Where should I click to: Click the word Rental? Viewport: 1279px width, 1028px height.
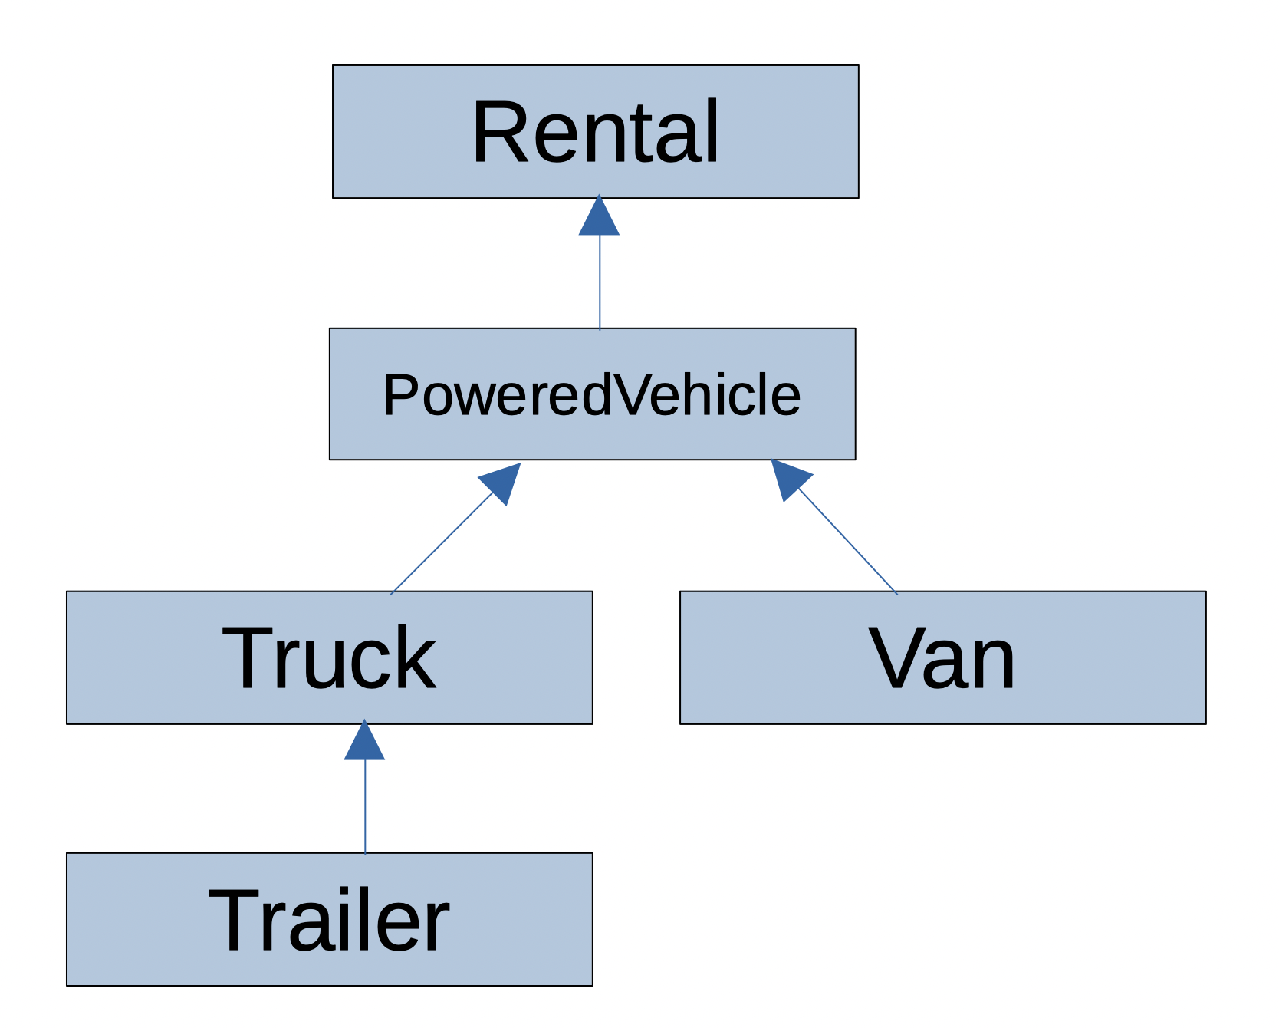(596, 132)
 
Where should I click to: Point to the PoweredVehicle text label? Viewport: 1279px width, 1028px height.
(592, 395)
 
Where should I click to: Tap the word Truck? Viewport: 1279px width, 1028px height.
(329, 658)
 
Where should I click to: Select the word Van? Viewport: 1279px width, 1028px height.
(942, 658)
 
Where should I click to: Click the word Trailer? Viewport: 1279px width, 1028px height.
(329, 920)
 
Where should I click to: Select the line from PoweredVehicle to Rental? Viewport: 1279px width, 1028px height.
(600, 284)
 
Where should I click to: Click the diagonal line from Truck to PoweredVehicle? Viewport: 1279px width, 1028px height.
(441, 544)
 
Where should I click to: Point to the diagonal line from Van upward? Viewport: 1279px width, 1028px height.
(847, 542)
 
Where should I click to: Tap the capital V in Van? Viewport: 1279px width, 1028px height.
(893, 658)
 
